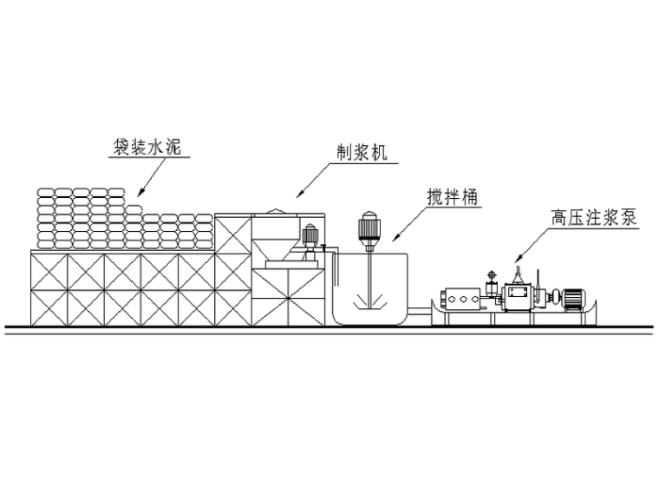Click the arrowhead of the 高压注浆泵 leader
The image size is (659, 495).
(518, 260)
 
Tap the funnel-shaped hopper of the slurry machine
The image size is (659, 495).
(275, 234)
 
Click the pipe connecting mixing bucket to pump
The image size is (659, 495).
(421, 306)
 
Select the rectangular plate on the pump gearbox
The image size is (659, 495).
(521, 297)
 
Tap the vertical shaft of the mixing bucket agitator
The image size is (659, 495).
(368, 269)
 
